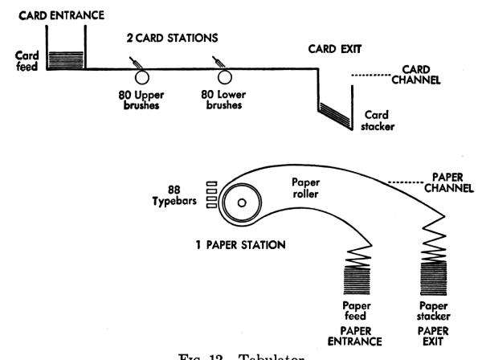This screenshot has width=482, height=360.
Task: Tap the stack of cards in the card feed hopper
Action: click(x=65, y=59)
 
